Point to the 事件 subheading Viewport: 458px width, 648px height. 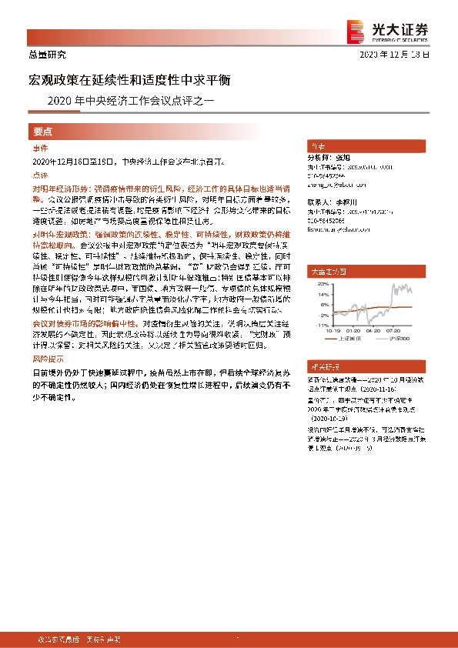(x=41, y=149)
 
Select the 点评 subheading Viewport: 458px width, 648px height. (x=41, y=175)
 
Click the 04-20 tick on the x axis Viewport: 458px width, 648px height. (x=376, y=330)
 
